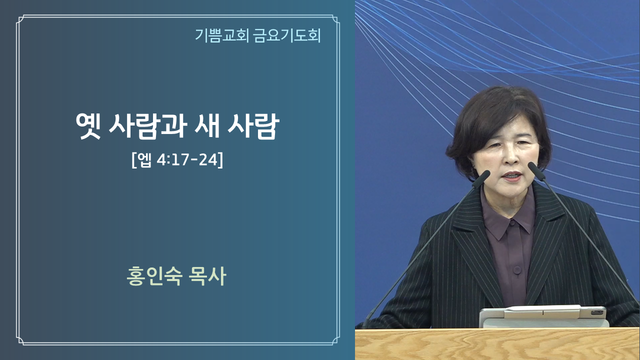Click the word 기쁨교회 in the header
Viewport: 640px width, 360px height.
[221, 35]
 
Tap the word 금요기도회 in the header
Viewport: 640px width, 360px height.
[287, 35]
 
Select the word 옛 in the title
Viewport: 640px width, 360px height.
[88, 126]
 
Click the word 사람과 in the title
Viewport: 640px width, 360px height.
[148, 126]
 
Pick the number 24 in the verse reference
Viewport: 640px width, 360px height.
[208, 159]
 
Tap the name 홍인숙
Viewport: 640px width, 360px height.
[154, 276]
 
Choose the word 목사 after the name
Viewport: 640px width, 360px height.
[207, 276]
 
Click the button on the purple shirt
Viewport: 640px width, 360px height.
[517, 270]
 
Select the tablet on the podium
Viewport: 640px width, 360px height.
[542, 316]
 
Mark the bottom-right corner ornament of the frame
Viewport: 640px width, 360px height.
[335, 341]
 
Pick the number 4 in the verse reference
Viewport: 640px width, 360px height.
[161, 160]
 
